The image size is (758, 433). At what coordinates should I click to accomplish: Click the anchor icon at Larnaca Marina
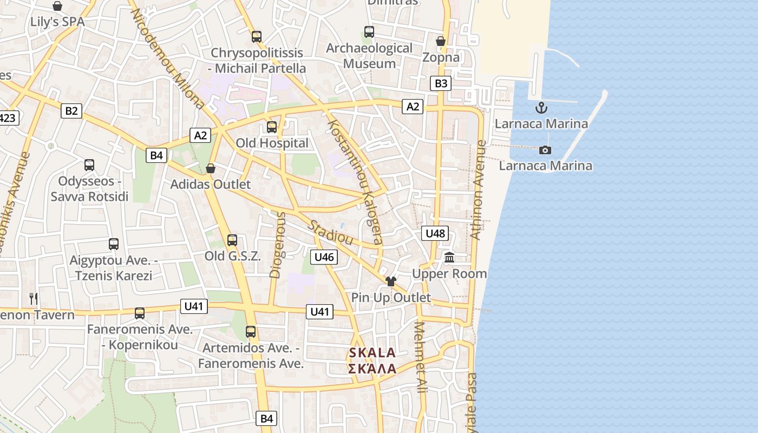(x=541, y=108)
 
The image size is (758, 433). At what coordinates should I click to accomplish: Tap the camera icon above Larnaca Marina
(x=545, y=150)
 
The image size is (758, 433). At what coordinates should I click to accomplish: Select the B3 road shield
(x=441, y=83)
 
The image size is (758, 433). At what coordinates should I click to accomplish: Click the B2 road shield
(x=71, y=111)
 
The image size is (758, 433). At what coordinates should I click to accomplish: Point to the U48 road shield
(x=435, y=233)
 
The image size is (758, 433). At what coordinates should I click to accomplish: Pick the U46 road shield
(x=324, y=257)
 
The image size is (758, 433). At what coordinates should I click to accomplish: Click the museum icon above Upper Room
(x=449, y=258)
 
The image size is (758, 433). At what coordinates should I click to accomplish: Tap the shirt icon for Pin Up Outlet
(x=390, y=281)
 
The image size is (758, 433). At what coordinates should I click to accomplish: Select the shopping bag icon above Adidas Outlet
(x=211, y=168)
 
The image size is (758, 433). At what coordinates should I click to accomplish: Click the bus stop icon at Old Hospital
(x=272, y=127)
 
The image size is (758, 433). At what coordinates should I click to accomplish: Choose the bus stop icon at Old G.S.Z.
(x=232, y=240)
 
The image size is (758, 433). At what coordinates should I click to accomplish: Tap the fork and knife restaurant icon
(x=34, y=298)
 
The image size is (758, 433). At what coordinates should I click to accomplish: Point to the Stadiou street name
(x=330, y=232)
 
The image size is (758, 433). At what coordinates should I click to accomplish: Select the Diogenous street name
(x=277, y=245)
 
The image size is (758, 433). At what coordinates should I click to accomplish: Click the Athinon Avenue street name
(x=477, y=189)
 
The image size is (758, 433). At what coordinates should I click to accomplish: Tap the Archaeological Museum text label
(x=369, y=56)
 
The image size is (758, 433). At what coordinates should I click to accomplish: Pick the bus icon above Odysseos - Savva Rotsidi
(x=89, y=165)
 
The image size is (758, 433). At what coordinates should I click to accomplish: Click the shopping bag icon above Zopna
(x=441, y=41)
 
